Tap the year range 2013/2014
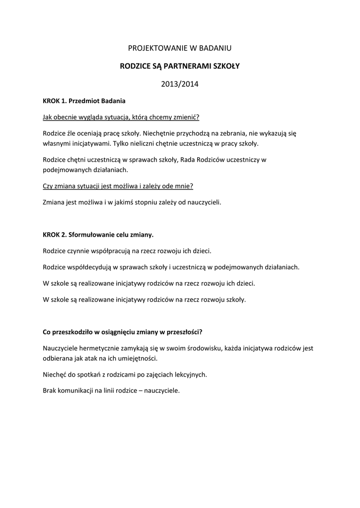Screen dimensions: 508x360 pyautogui.click(x=180, y=84)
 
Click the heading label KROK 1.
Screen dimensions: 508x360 pyautogui.click(x=54, y=101)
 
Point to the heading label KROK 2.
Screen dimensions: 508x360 pyautogui.click(x=54, y=235)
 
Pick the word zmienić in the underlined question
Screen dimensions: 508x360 pyautogui.click(x=185, y=117)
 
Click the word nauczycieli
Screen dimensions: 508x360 pyautogui.click(x=203, y=202)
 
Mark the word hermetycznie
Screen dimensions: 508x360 pyautogui.click(x=100, y=348)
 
